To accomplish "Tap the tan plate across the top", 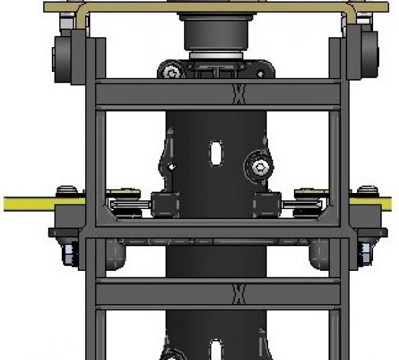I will pos(213,6).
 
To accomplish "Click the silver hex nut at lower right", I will pos(364,252).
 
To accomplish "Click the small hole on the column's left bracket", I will pos(171,166).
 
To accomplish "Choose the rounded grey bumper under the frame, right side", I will pos(319,251).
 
